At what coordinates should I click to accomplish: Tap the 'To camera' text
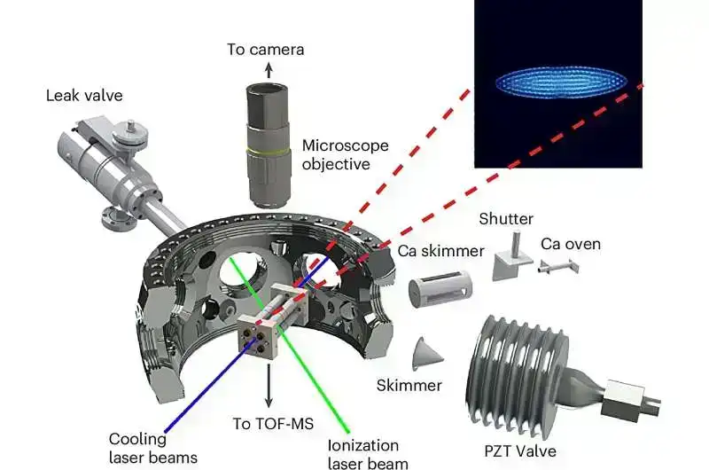tap(265, 50)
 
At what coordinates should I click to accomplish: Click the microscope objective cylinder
tap(265, 129)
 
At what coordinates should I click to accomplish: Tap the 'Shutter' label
tap(505, 218)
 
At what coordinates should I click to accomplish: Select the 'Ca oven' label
tap(571, 243)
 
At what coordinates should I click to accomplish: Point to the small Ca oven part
tap(557, 263)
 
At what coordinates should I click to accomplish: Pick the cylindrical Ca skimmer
tap(440, 292)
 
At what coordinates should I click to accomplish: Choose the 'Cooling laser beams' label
tap(153, 448)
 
